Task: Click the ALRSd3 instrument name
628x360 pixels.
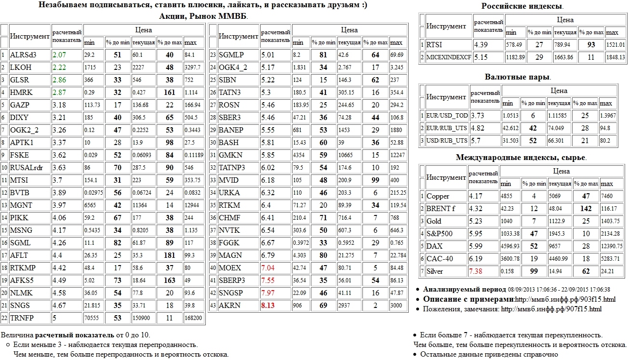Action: coord(23,55)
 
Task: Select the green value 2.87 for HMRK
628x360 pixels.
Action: coord(59,92)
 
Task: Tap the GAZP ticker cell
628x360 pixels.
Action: coord(19,105)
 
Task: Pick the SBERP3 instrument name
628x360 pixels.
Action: coord(232,280)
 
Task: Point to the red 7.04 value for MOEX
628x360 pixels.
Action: coord(268,267)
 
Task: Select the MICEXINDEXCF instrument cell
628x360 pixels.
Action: coord(448,57)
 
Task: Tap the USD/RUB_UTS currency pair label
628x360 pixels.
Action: coord(447,141)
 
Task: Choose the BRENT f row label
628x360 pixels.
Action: coord(441,209)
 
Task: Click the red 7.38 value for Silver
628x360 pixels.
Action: coord(476,272)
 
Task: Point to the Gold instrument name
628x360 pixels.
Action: coord(434,221)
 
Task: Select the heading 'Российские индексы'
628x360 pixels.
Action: coord(522,6)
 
